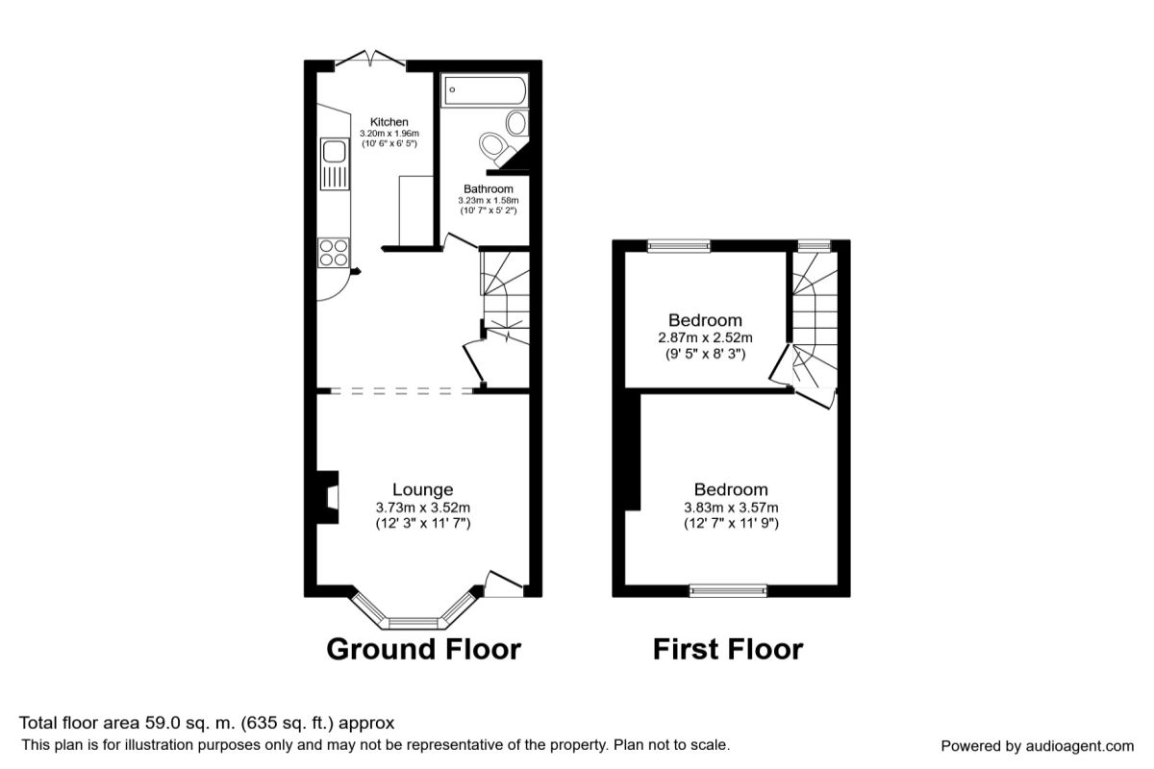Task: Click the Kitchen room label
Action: tap(389, 122)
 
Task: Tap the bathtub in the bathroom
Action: tap(484, 90)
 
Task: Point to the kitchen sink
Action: tap(335, 163)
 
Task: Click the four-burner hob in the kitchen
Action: tap(334, 253)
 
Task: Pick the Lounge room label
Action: tap(422, 489)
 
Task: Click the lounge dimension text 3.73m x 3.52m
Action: tap(422, 508)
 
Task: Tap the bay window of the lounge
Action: tap(413, 613)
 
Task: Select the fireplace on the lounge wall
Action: tap(328, 497)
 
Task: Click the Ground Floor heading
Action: tap(423, 649)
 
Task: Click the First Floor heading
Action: tap(728, 649)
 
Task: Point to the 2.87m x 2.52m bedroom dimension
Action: tap(705, 338)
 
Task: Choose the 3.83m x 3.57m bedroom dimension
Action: tap(731, 508)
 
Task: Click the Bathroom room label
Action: tap(488, 189)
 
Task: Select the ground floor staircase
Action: tap(505, 298)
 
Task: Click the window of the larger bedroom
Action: tap(728, 591)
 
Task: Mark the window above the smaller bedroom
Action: tap(679, 246)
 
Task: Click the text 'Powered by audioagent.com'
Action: tap(1037, 746)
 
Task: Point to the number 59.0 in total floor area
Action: tap(162, 723)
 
